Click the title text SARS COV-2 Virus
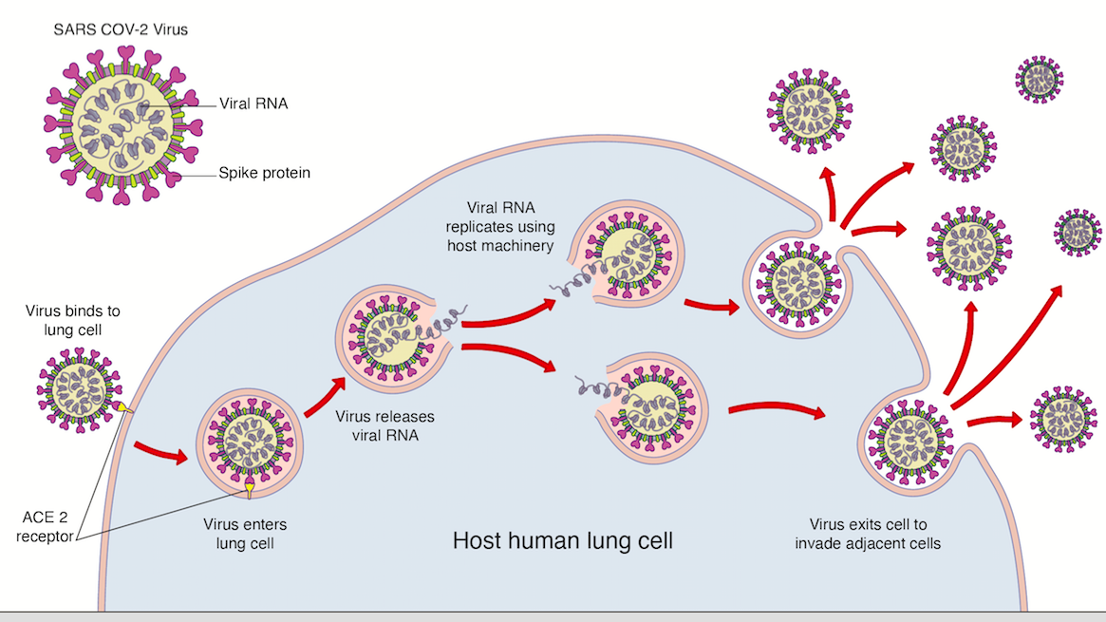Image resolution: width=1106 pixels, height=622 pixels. coord(119,29)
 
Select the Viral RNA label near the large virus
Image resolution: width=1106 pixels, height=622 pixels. coord(253,105)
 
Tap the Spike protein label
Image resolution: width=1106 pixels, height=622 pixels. coord(265,173)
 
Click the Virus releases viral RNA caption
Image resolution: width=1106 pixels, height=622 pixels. coord(377,426)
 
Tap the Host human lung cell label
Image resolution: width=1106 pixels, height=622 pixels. coord(563,542)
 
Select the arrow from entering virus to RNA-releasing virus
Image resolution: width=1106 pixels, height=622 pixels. coord(325,396)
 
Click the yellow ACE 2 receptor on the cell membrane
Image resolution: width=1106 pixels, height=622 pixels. coord(123,408)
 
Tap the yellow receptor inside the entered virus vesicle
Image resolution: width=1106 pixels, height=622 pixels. coord(249,490)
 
